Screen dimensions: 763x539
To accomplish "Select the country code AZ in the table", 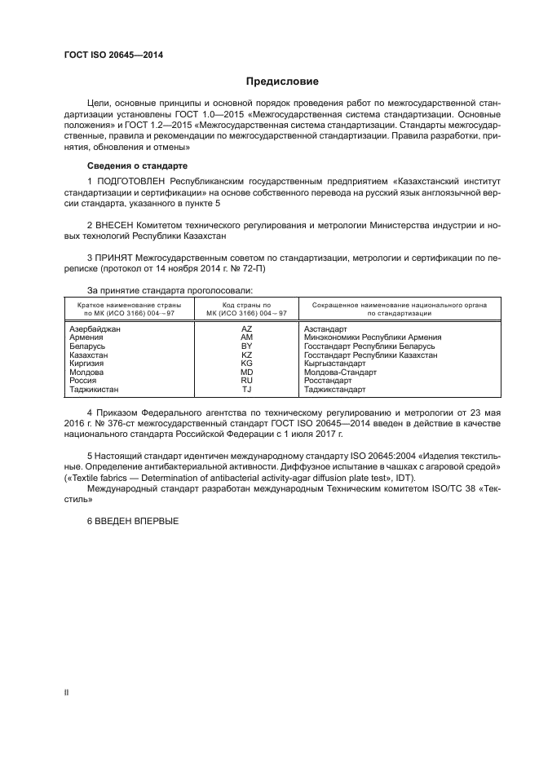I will pyautogui.click(x=246, y=329).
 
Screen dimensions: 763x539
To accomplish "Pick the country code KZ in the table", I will pyautogui.click(x=246, y=355).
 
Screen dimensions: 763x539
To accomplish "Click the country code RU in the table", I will pyautogui.click(x=246, y=381).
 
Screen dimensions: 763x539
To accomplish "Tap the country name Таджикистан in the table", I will pyautogui.click(x=95, y=390).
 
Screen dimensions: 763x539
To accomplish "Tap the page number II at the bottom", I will pyautogui.click(x=67, y=692).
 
